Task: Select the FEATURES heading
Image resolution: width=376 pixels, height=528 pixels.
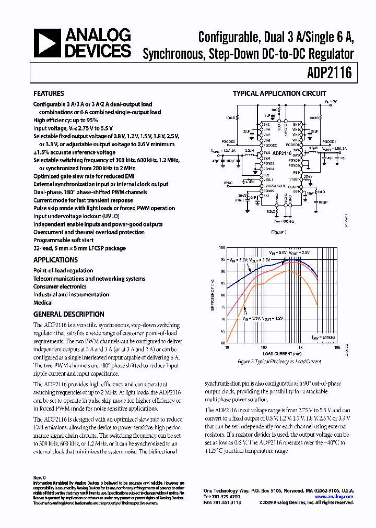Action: [49, 94]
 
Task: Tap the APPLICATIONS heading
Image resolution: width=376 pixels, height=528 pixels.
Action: [55, 260]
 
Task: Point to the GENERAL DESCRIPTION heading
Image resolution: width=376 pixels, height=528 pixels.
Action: [68, 314]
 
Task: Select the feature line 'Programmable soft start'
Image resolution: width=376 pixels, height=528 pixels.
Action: [64, 240]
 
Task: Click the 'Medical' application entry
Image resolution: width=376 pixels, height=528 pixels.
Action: [43, 303]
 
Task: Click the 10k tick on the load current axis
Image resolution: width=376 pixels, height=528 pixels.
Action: [337, 346]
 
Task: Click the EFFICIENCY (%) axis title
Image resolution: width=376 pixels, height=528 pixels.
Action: [213, 295]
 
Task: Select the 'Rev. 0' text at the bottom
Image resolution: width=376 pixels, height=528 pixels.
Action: [40, 477]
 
